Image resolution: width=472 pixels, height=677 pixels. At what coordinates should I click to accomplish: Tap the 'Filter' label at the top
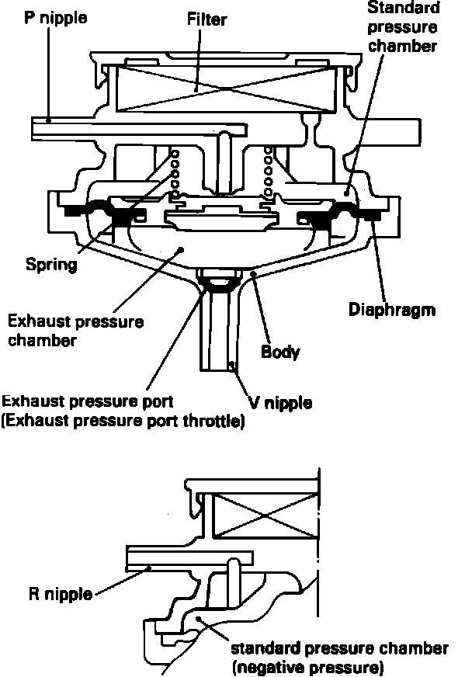[206, 18]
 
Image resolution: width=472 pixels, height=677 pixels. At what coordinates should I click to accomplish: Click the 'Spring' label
[50, 265]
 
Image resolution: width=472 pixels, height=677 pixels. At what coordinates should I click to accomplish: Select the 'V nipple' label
[280, 402]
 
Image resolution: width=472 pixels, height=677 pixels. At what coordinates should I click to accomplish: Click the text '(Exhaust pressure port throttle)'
[124, 422]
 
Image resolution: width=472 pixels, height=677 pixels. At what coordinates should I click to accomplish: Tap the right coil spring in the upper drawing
[269, 171]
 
